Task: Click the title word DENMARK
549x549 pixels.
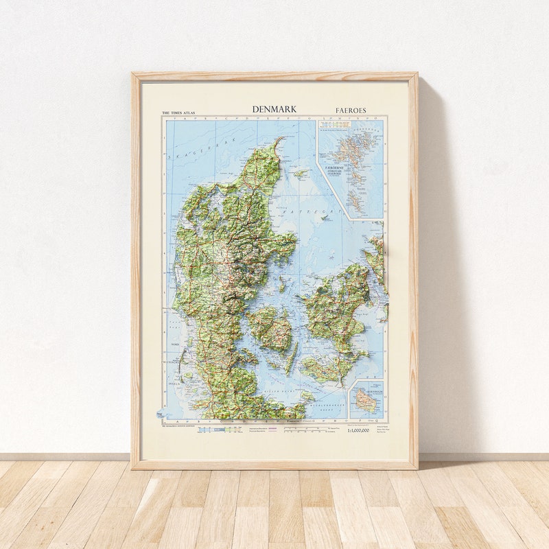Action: point(274,109)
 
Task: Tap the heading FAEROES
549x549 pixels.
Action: point(351,110)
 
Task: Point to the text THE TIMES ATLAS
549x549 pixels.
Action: point(179,113)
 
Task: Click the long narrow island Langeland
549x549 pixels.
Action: point(294,358)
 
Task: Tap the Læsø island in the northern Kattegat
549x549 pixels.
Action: point(301,174)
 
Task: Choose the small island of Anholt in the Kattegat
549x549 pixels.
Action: point(325,217)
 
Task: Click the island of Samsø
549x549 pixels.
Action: point(282,283)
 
